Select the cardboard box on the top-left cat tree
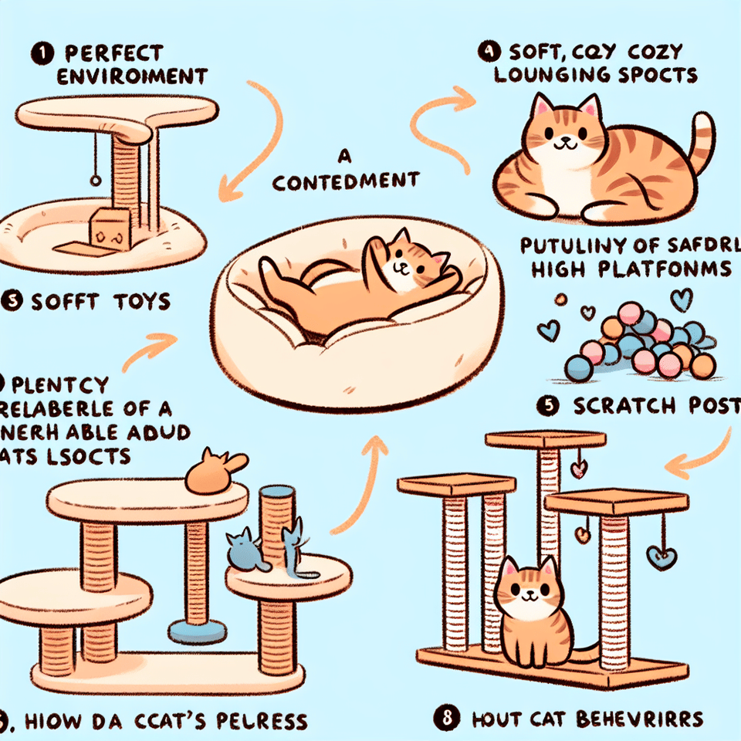107,228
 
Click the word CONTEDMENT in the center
345,182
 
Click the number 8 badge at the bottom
448,719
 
